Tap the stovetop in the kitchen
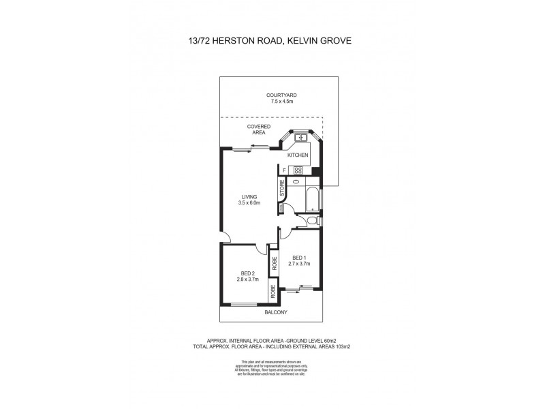point(298,170)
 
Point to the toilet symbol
point(311,220)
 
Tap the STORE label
point(282,189)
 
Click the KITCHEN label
point(298,155)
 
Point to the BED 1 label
point(298,258)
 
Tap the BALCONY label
point(276,312)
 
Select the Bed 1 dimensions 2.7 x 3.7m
point(298,264)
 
